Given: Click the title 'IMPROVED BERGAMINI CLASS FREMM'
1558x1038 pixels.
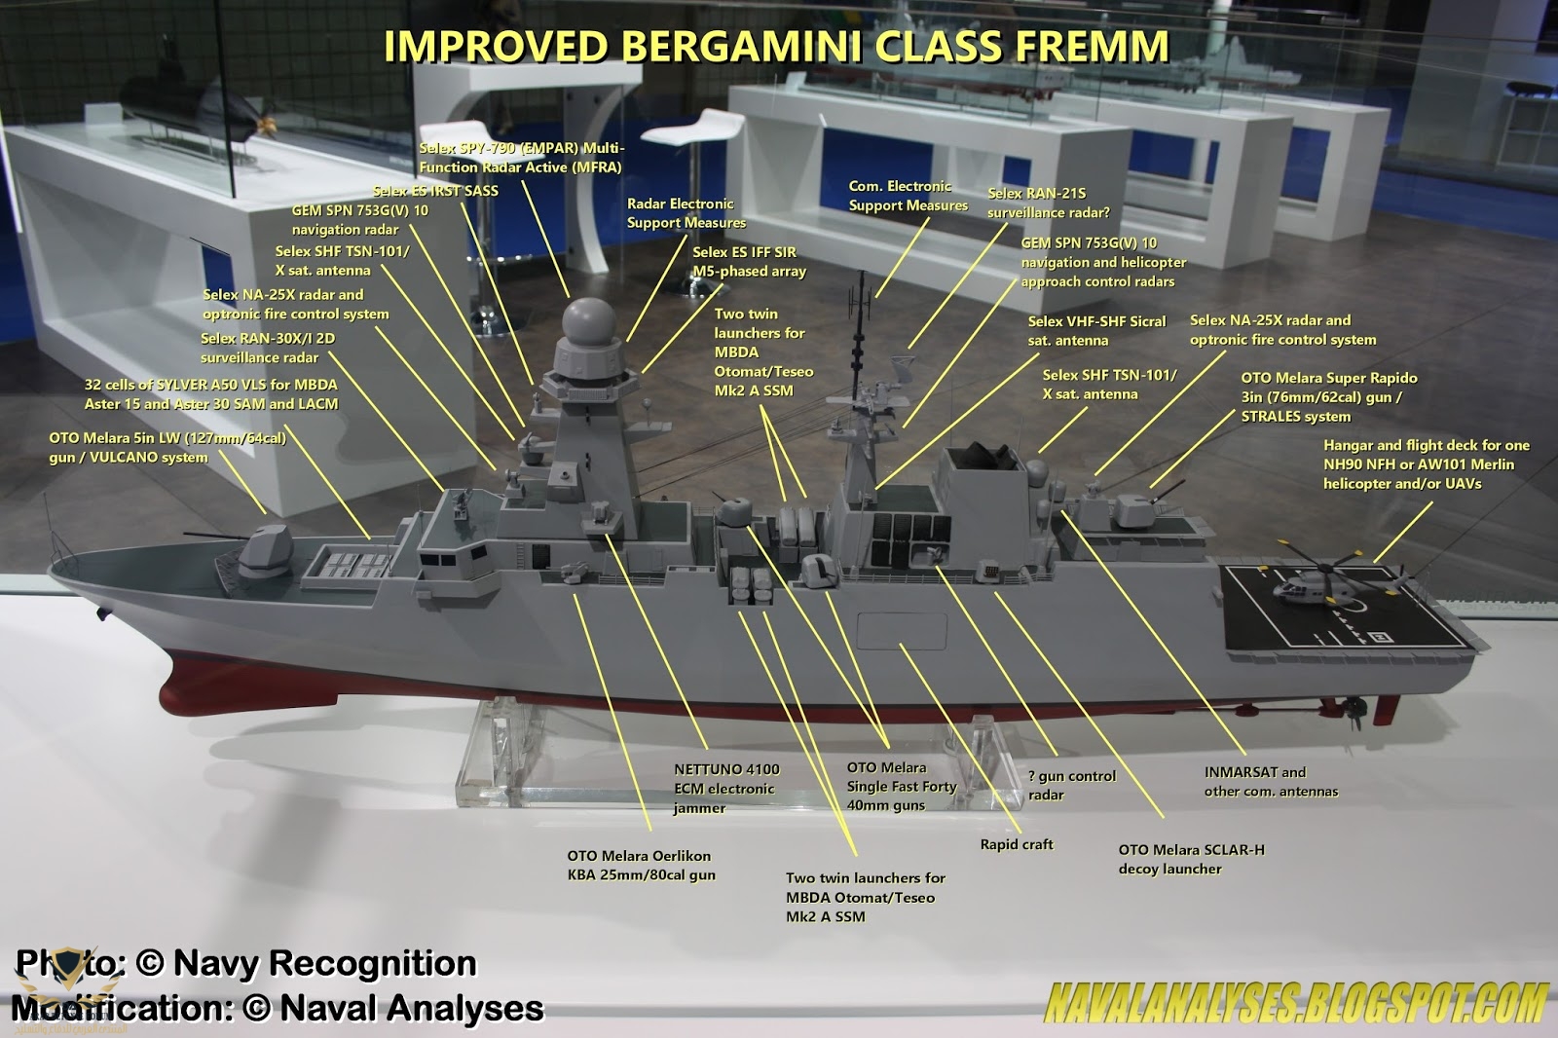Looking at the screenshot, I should (x=776, y=46).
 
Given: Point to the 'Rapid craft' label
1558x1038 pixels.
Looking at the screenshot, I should (x=1017, y=844).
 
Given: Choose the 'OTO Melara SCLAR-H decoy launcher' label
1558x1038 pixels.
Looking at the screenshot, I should (x=1191, y=859).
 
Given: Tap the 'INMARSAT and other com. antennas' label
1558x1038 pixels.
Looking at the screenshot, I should (x=1271, y=781).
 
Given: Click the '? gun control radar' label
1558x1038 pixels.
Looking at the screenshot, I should (x=1071, y=785).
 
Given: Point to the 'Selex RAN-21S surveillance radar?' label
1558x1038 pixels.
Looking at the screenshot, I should (x=1048, y=203).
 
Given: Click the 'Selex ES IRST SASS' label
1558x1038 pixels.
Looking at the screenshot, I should (x=435, y=191).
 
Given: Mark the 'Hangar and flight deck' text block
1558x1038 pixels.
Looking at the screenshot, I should (x=1426, y=463).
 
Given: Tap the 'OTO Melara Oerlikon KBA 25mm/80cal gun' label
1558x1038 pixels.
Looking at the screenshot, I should (x=641, y=865).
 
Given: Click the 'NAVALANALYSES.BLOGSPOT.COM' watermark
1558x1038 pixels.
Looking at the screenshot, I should (x=1295, y=1003).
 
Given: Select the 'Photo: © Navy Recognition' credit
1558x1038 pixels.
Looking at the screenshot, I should (x=246, y=963).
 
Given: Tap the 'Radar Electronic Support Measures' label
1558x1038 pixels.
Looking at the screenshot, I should (x=686, y=213).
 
